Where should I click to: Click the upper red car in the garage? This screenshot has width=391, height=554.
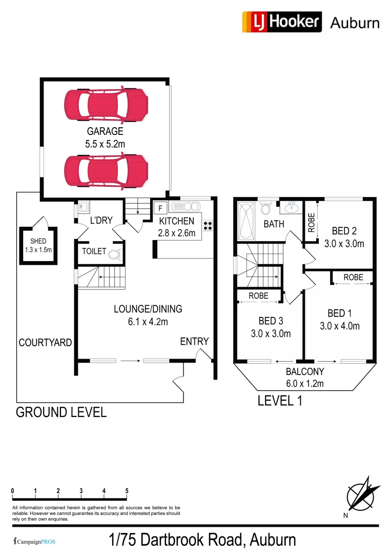(x=107, y=105)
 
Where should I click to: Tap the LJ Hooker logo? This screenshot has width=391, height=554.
(x=282, y=22)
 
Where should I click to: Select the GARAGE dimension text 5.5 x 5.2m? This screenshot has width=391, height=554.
(x=105, y=144)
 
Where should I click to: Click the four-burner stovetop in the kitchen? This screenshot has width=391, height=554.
(x=209, y=226)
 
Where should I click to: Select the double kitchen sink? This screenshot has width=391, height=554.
(x=186, y=207)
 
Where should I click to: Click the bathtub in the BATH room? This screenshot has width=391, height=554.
(x=247, y=222)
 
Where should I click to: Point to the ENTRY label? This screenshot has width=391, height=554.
(x=194, y=342)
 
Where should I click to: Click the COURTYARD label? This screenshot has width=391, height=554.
(x=45, y=343)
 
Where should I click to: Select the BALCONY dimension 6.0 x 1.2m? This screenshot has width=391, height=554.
(x=305, y=383)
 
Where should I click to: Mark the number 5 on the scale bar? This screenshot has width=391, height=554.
(x=127, y=490)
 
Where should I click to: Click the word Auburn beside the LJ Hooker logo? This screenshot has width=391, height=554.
(x=355, y=23)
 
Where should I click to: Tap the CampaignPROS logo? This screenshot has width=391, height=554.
(x=34, y=541)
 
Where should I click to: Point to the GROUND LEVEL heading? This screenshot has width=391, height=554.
(x=61, y=412)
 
